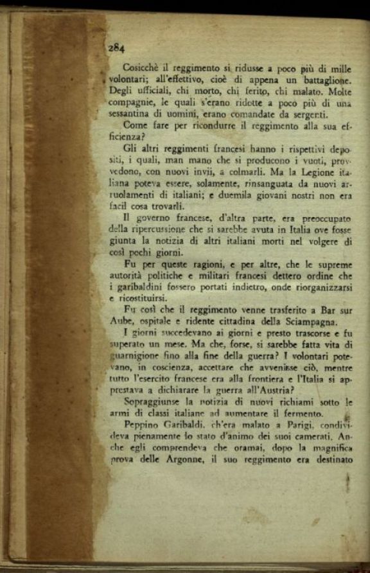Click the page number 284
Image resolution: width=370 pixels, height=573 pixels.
click(x=117, y=48)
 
